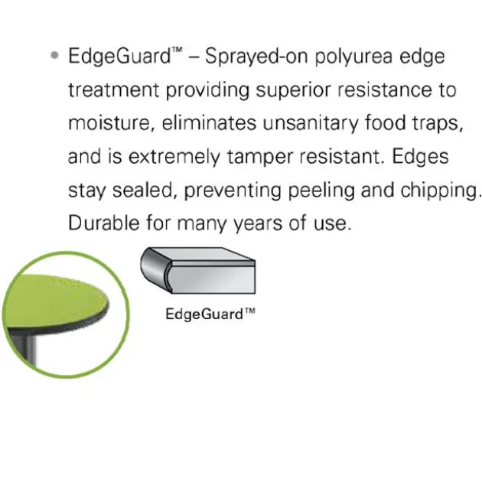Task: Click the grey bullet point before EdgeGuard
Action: (x=54, y=56)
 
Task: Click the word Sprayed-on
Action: (x=256, y=57)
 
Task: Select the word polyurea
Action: (x=353, y=57)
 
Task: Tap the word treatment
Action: (x=113, y=90)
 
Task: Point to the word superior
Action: (x=293, y=91)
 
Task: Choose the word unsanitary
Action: (x=311, y=124)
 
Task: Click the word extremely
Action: (x=174, y=157)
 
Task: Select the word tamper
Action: (x=260, y=158)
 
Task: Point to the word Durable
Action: (x=103, y=223)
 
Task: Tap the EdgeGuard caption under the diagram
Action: (x=210, y=314)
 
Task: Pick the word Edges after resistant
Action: (x=421, y=157)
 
